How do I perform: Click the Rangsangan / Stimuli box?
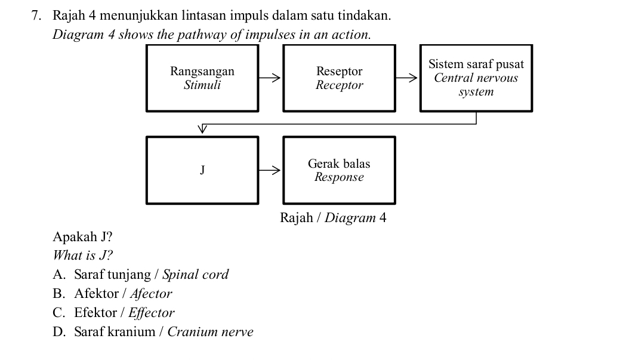[x=202, y=78]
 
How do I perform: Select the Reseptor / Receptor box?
[x=339, y=78]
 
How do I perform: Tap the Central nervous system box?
[x=476, y=78]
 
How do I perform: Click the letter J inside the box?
[x=202, y=170]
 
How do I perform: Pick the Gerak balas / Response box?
[x=339, y=170]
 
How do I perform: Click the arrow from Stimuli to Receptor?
[x=270, y=78]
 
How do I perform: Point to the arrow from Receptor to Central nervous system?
[x=407, y=78]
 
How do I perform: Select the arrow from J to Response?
[x=270, y=170]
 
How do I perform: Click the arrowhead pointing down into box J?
[x=202, y=128]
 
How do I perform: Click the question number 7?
[x=36, y=14]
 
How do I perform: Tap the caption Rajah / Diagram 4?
[x=333, y=217]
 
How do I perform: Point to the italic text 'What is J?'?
[x=82, y=256]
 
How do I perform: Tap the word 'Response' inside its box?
[x=339, y=177]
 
